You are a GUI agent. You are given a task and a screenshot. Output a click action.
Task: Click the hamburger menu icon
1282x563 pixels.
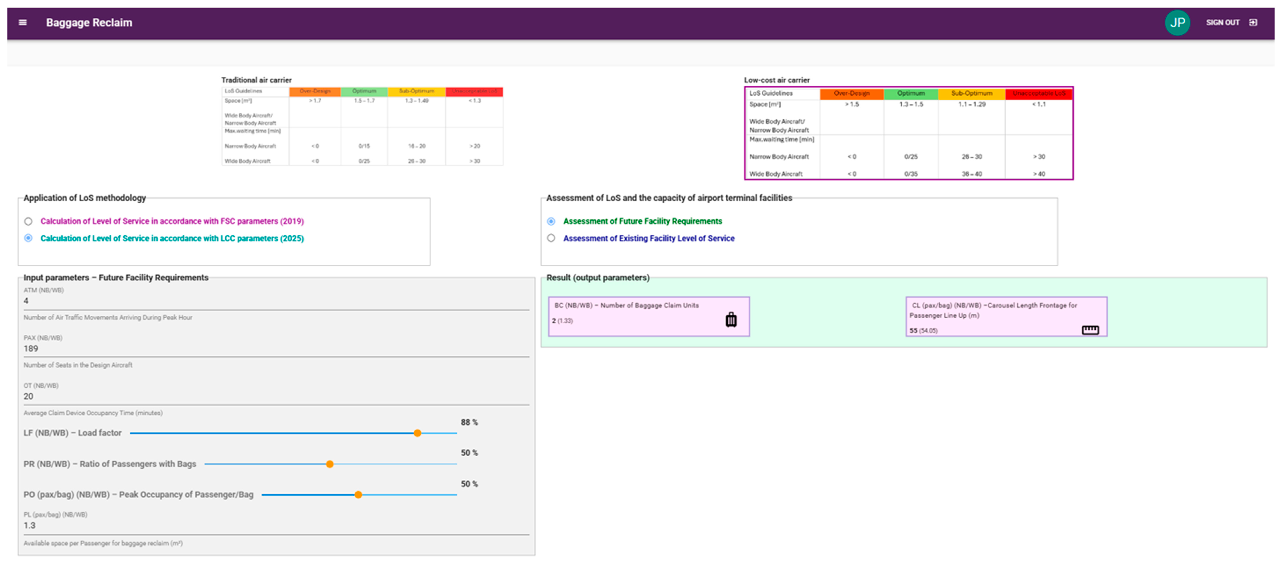tap(22, 22)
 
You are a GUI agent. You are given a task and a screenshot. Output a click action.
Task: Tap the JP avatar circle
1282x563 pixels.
tap(1177, 22)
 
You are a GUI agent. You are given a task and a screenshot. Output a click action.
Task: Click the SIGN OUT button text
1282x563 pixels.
tap(1222, 22)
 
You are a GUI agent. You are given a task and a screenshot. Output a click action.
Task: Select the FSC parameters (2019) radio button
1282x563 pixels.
tap(28, 222)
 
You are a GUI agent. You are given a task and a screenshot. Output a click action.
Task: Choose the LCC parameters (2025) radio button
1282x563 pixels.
tap(28, 238)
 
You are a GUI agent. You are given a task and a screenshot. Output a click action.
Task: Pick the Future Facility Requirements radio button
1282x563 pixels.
tap(551, 222)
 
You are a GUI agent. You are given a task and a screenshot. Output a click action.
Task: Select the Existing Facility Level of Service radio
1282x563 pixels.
tap(551, 238)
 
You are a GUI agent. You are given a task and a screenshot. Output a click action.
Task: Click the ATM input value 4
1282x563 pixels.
tap(26, 301)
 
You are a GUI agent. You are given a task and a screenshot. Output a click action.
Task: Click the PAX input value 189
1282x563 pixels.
tap(31, 348)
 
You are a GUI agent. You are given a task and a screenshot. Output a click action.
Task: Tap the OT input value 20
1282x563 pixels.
tap(28, 396)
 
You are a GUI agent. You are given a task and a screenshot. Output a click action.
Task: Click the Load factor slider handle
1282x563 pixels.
tap(418, 433)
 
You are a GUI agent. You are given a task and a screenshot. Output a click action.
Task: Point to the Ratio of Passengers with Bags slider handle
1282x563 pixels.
tap(329, 464)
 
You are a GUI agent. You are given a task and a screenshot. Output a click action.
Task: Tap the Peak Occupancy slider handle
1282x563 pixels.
tap(358, 495)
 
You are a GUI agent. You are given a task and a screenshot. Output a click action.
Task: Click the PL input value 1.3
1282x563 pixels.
tap(29, 525)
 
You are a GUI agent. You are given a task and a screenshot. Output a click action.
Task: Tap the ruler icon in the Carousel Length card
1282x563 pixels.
tap(1090, 330)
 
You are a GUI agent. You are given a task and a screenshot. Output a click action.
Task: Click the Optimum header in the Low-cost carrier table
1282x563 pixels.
tap(911, 93)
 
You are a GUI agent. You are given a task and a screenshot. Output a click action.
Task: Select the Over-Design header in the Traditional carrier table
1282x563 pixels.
tap(315, 91)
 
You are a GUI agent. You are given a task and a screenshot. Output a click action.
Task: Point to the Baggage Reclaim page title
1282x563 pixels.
tap(89, 22)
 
